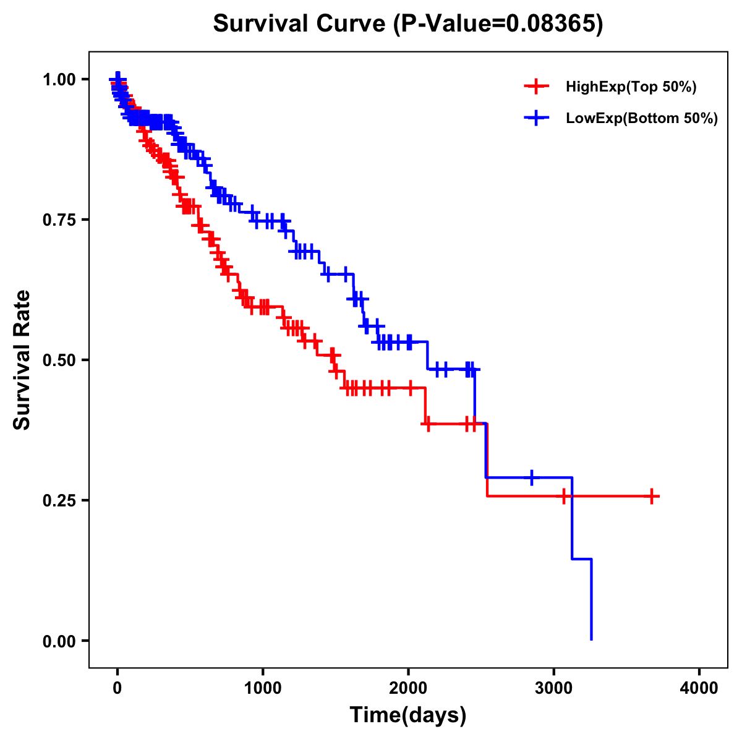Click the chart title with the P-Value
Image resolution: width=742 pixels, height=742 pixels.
point(407,23)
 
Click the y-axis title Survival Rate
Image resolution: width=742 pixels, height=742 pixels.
point(22,359)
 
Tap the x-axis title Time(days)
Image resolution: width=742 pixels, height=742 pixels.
point(407,715)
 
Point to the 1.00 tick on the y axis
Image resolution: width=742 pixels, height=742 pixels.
point(59,80)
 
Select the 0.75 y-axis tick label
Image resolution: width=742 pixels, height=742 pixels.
point(59,220)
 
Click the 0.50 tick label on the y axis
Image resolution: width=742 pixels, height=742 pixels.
point(59,360)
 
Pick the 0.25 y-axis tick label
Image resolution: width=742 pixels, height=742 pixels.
point(59,501)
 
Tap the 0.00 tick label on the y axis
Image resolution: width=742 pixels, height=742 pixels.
point(59,641)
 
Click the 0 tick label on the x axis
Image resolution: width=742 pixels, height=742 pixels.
point(117,688)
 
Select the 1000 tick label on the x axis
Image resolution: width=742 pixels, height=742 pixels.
point(263,688)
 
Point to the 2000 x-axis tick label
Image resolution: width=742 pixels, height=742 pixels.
point(408,688)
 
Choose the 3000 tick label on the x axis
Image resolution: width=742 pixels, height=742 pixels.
point(554,688)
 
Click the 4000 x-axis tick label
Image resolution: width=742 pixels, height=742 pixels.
point(699,688)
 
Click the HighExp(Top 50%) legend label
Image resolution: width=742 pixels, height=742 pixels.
point(631,87)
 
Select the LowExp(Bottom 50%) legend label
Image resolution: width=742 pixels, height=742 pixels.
point(642,119)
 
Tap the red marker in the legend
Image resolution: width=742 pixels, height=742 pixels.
point(536,87)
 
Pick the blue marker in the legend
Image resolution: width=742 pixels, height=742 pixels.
point(536,118)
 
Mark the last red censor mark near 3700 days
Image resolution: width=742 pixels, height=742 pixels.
point(652,496)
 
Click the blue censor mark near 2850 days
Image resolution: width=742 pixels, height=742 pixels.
point(532,477)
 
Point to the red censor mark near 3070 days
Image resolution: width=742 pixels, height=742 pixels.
point(563,496)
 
